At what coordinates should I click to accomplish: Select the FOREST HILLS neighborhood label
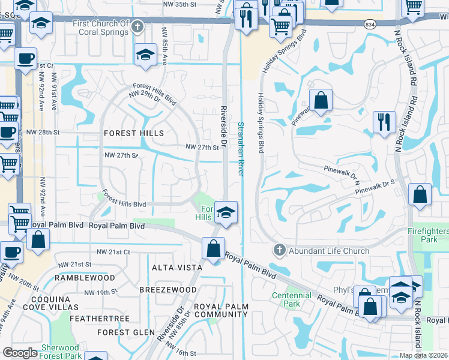tap(134, 133)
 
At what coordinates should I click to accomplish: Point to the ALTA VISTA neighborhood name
tap(174, 268)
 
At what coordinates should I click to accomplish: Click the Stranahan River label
tap(241, 148)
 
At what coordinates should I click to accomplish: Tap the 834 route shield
tap(370, 23)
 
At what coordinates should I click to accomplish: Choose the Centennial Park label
tap(291, 299)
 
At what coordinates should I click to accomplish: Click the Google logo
tap(20, 353)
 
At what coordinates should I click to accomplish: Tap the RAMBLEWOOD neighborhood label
tap(85, 278)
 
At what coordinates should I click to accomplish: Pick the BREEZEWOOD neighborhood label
tap(167, 290)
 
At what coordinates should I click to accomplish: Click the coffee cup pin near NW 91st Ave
tap(25, 59)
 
